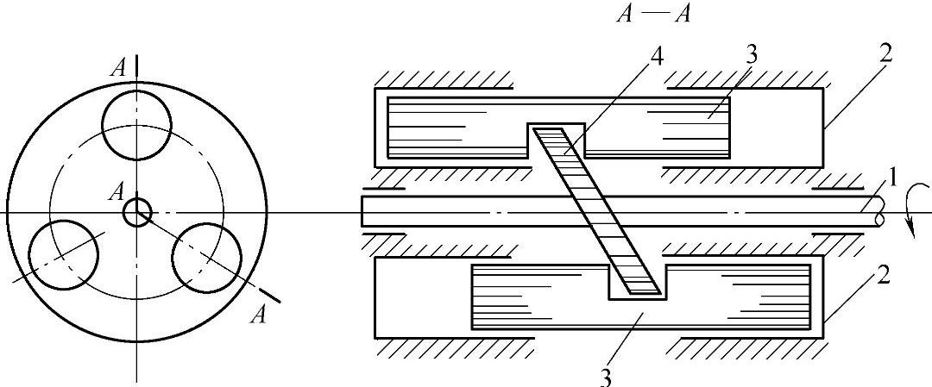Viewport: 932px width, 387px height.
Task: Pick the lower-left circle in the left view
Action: (64, 254)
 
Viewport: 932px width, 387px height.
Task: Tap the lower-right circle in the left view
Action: (207, 257)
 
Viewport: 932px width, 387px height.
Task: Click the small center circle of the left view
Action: (136, 212)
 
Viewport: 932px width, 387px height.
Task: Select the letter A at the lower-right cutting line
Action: (257, 316)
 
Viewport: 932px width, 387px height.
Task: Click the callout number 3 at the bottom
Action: (607, 376)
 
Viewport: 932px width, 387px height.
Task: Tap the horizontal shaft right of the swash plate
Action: (759, 211)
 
